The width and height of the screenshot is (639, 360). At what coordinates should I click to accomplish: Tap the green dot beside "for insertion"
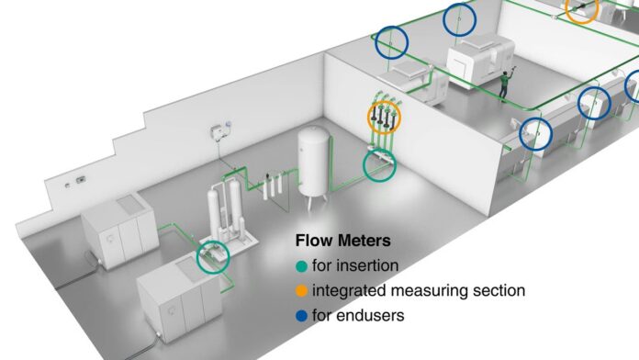(x=300, y=265)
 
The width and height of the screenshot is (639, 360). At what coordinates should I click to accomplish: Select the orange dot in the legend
(x=300, y=290)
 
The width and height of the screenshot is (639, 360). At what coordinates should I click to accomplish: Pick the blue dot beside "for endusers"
(x=300, y=315)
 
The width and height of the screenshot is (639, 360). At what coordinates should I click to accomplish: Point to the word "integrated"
(x=346, y=290)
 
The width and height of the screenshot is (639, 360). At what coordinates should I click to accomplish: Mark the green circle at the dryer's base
(x=213, y=256)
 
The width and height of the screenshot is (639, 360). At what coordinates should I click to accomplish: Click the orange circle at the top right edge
(x=582, y=9)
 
